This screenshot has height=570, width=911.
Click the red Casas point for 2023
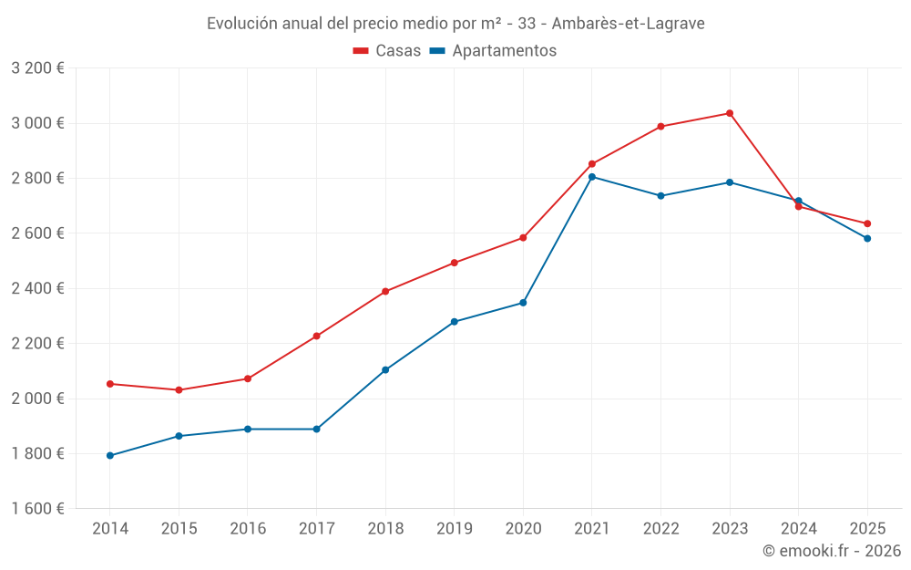coord(730,113)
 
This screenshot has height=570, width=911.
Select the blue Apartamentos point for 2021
coord(592,177)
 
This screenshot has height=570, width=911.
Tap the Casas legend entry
coord(387,51)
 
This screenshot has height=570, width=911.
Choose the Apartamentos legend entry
coord(493,51)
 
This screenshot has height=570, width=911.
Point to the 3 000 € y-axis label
coord(38,123)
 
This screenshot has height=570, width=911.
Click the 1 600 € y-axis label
coord(38,509)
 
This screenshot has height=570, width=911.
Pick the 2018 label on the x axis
coord(385,528)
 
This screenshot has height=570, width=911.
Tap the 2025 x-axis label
coord(867,528)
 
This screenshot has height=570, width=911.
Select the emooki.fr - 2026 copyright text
coord(831,551)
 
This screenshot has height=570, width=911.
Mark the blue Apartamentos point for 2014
coord(110,455)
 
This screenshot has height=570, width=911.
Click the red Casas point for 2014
coord(110,384)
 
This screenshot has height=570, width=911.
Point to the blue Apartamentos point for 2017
coord(317,429)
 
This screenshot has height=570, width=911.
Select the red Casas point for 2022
coord(660,127)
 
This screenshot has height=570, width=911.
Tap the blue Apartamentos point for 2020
coord(523,303)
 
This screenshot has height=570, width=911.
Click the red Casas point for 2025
coord(867,223)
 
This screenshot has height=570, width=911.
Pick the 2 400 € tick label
coord(38,288)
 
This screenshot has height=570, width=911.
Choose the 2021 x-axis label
coord(592,528)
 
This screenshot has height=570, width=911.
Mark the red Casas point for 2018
coord(385,291)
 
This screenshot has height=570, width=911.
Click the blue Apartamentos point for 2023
coord(730,182)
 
